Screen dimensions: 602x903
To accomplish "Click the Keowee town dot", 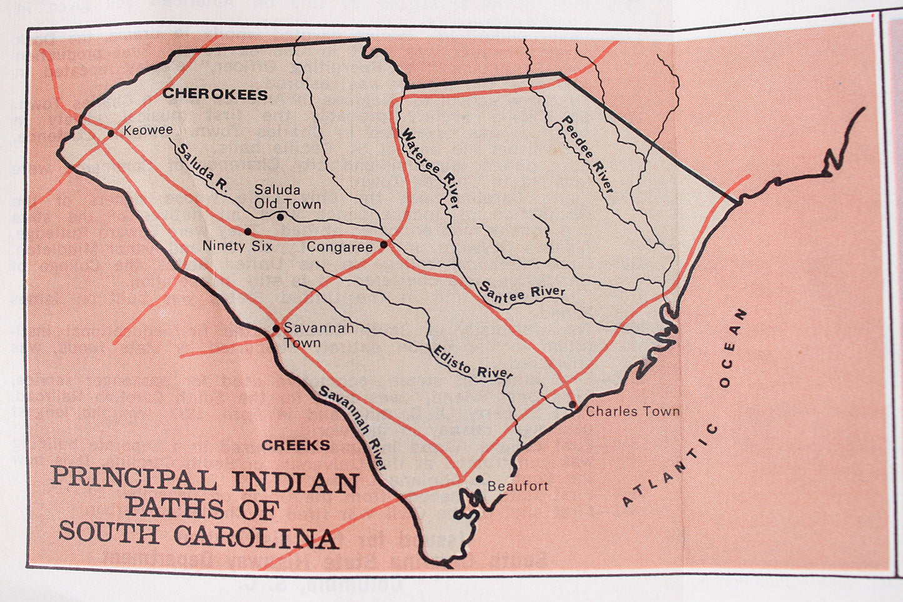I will (111, 133).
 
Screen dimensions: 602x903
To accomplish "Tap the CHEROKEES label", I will (216, 94).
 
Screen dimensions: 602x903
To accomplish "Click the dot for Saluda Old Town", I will (281, 217).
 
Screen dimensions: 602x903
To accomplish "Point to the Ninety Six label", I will (237, 246).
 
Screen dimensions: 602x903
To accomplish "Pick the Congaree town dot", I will (384, 244).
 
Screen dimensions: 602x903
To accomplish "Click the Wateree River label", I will (431, 168).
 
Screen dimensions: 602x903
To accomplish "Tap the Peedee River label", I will (588, 154).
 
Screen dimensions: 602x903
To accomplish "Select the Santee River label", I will (522, 292).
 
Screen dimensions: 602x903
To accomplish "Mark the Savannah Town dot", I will (276, 328).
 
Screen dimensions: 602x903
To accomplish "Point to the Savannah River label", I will (354, 428).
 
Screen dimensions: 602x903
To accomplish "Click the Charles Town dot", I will (572, 405).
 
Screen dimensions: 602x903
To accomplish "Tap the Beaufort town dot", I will (479, 479).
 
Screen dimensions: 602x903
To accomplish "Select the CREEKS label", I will (296, 445).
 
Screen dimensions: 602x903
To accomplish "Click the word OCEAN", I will (732, 348).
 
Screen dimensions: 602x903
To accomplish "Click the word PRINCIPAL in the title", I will (134, 478).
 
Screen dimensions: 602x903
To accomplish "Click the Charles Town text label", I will (632, 411).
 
